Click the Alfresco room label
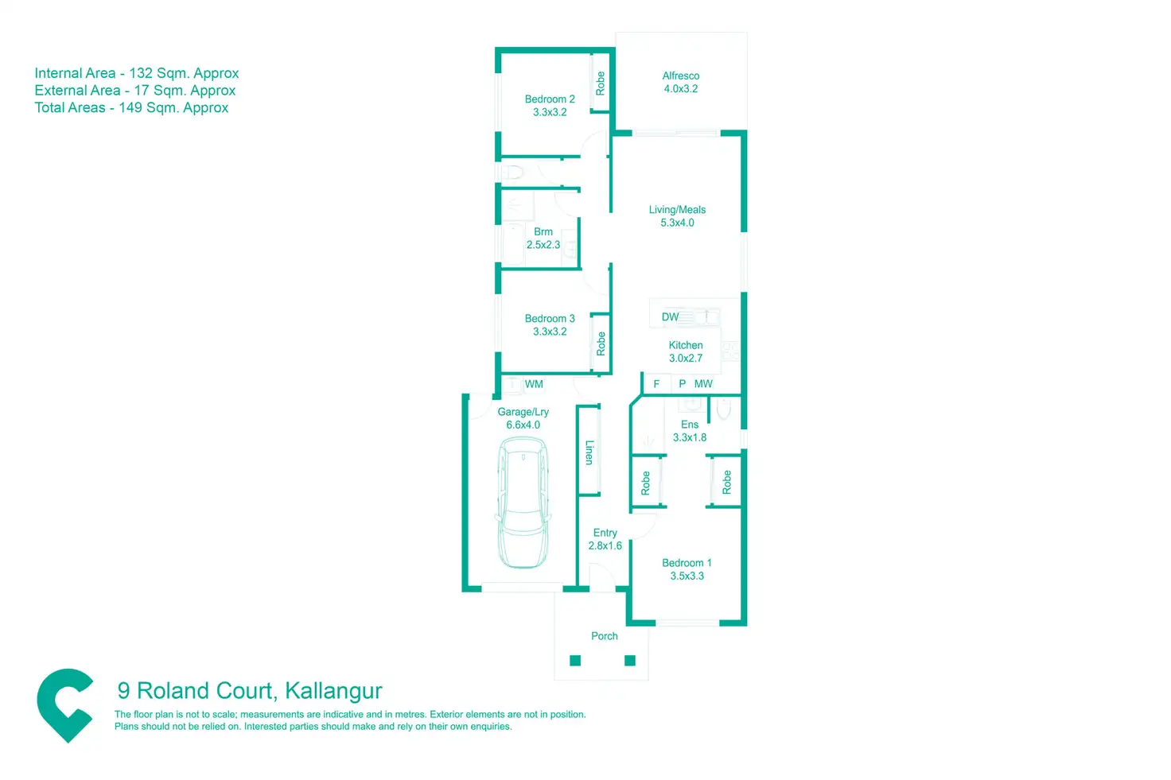(x=681, y=76)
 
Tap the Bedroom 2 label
(x=550, y=99)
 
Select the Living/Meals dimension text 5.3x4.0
(x=677, y=223)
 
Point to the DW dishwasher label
(x=671, y=317)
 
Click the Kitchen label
(x=686, y=345)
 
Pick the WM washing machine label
(x=534, y=384)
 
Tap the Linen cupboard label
(x=589, y=452)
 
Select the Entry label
(x=605, y=533)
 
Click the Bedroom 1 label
(x=687, y=563)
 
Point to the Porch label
(x=605, y=636)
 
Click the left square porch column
(x=575, y=660)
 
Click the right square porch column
(x=630, y=660)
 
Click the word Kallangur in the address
(x=333, y=691)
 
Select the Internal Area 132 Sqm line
(x=137, y=73)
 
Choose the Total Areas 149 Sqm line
(x=131, y=108)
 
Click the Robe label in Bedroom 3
(x=601, y=343)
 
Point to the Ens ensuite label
(x=690, y=425)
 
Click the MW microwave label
(x=703, y=384)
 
